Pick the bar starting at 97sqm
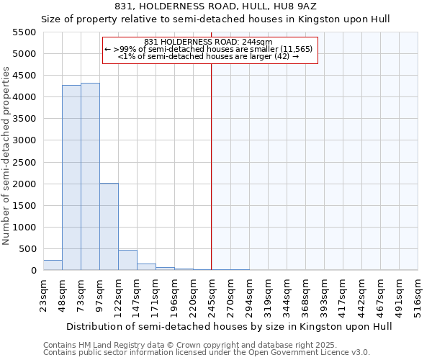109,227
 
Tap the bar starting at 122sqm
127,260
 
